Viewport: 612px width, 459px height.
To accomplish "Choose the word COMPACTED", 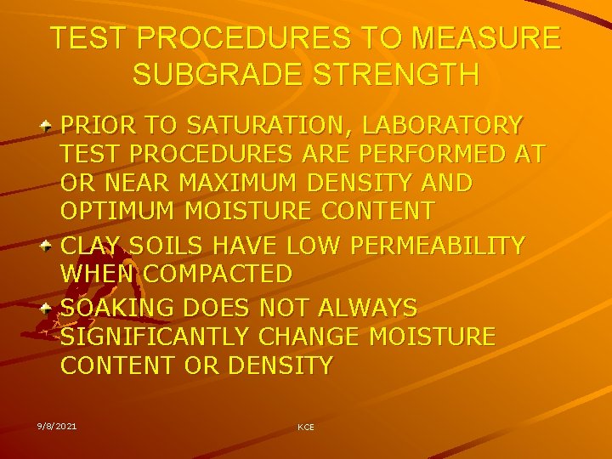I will pos(217,275).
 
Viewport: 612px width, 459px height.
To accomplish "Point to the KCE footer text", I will pos(305,427).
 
